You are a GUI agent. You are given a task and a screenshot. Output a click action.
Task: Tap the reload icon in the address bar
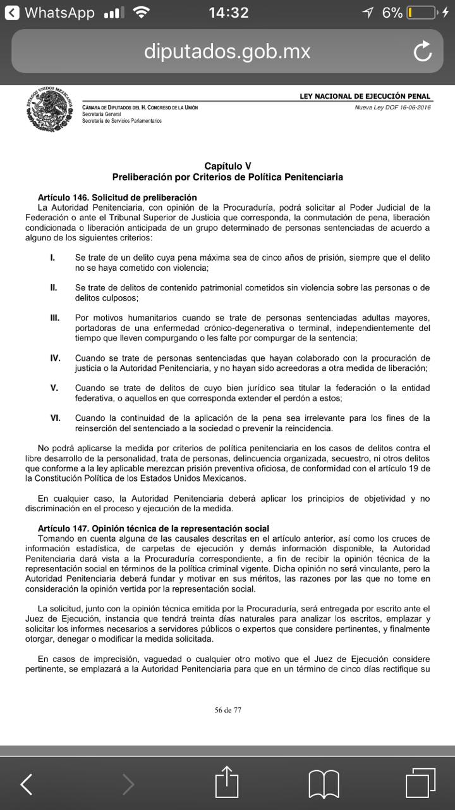pyautogui.click(x=422, y=51)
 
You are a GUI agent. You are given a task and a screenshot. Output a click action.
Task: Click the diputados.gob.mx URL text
pyautogui.click(x=227, y=51)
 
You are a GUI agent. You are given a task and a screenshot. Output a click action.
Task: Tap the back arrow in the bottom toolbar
pyautogui.click(x=26, y=784)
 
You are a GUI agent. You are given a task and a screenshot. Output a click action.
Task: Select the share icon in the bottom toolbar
pyautogui.click(x=227, y=783)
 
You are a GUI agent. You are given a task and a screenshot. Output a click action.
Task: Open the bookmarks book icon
pyautogui.click(x=324, y=784)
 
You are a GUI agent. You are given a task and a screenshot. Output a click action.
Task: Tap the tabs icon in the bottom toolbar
pyautogui.click(x=421, y=783)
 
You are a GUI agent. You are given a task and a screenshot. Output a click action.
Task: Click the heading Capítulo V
pyautogui.click(x=227, y=166)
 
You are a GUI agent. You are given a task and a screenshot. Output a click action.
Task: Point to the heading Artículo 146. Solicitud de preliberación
pyautogui.click(x=117, y=197)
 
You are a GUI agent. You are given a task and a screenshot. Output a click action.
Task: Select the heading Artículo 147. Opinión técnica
pyautogui.click(x=153, y=528)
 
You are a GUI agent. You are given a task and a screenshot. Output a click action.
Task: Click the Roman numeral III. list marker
pyautogui.click(x=55, y=318)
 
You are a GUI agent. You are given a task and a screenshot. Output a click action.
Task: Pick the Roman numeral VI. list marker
pyautogui.click(x=56, y=418)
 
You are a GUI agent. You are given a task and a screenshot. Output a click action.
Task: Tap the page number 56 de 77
pyautogui.click(x=227, y=709)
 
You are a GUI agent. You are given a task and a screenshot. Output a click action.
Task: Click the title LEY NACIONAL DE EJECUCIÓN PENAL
pyautogui.click(x=365, y=96)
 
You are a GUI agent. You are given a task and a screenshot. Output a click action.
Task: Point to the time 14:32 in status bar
pyautogui.click(x=228, y=13)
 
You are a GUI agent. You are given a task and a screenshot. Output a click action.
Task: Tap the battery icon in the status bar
pyautogui.click(x=422, y=13)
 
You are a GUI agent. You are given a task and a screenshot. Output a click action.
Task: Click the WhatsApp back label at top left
pyautogui.click(x=50, y=13)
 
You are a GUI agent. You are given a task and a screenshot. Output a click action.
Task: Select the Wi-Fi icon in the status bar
pyautogui.click(x=142, y=13)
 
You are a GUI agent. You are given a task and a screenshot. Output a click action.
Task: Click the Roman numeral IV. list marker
pyautogui.click(x=56, y=358)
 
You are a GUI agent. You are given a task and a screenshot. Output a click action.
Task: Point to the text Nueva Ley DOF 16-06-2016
pyautogui.click(x=392, y=107)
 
